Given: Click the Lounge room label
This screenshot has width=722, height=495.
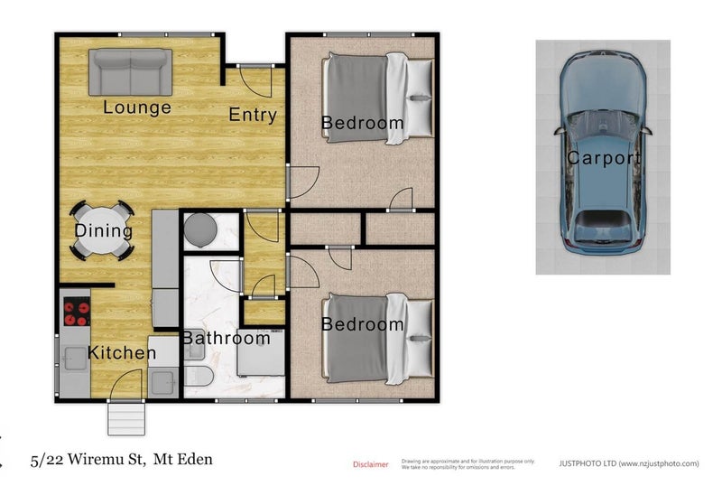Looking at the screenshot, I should coord(136,107).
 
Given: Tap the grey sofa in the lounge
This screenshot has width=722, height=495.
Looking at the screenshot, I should coord(130,70).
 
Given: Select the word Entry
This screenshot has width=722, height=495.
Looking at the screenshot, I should coord(252,115).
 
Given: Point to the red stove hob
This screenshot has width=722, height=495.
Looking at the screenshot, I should coord(77,312).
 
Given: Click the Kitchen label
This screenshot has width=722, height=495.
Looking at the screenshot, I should coord(121,352).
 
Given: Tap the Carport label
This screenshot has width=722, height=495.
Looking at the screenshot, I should coord(603,159).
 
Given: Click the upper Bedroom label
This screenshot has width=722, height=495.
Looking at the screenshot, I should coord(362,123).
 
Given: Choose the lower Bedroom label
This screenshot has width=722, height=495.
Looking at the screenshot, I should coord(362,324).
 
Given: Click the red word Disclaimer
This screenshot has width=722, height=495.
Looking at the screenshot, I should coord(370,464).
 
